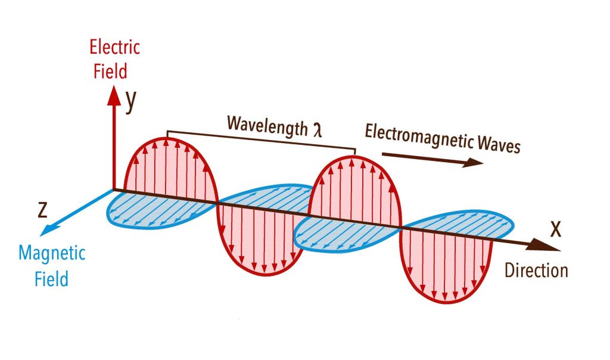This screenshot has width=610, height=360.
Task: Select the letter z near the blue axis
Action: (42, 209)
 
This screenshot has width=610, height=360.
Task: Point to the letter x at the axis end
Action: (555, 228)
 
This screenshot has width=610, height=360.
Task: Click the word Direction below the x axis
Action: (536, 270)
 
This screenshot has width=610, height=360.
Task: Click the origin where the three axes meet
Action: (114, 190)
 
